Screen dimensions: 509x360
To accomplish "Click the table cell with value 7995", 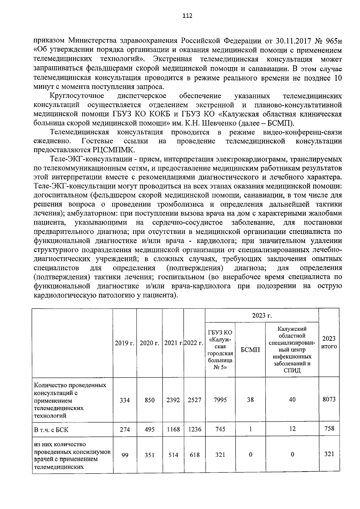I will pos(220,400).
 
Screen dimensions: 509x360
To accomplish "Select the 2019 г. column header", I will pos(124,343).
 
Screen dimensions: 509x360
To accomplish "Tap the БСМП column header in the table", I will pos(250,350).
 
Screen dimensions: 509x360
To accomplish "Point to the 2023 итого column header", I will pos(329,342).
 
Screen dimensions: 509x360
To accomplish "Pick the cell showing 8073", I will pos(329,400).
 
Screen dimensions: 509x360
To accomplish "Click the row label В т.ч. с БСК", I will pos(51,430).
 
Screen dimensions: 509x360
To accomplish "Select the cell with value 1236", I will pos(194,429).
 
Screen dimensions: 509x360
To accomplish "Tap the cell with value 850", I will pos(149,400).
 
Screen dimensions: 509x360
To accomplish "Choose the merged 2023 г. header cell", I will pos(262,315).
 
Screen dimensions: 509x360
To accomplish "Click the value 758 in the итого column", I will pos(329,428).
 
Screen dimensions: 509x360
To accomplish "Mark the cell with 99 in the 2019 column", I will pos(125,455).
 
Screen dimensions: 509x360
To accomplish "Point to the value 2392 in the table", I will pos(173,400).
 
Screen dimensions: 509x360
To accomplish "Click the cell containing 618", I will pos(194,455).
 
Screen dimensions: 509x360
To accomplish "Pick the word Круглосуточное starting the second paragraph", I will pos(77,96).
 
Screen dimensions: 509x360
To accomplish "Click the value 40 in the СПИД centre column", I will pos(292,400).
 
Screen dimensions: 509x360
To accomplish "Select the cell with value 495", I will pos(149,429).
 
